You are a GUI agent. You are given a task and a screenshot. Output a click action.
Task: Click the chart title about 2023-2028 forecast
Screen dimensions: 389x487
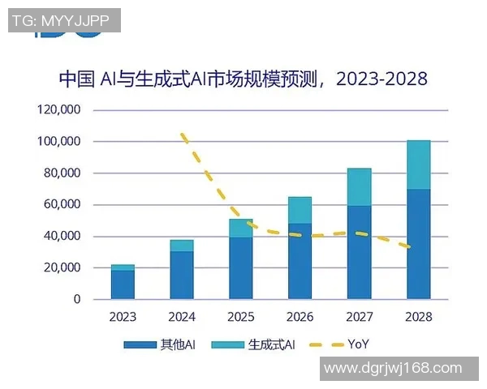243,79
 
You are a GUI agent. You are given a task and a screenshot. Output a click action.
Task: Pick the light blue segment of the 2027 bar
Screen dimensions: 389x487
359,187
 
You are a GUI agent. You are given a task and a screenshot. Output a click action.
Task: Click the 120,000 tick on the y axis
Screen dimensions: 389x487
58,110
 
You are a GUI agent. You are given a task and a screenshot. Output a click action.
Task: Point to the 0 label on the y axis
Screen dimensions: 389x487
77,300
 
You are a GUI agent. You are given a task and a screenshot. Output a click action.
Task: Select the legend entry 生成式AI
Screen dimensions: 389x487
269,344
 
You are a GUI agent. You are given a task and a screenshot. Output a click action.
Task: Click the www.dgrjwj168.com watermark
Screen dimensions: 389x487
393,369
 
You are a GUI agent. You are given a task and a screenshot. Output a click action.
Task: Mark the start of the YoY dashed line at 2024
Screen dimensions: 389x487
183,135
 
